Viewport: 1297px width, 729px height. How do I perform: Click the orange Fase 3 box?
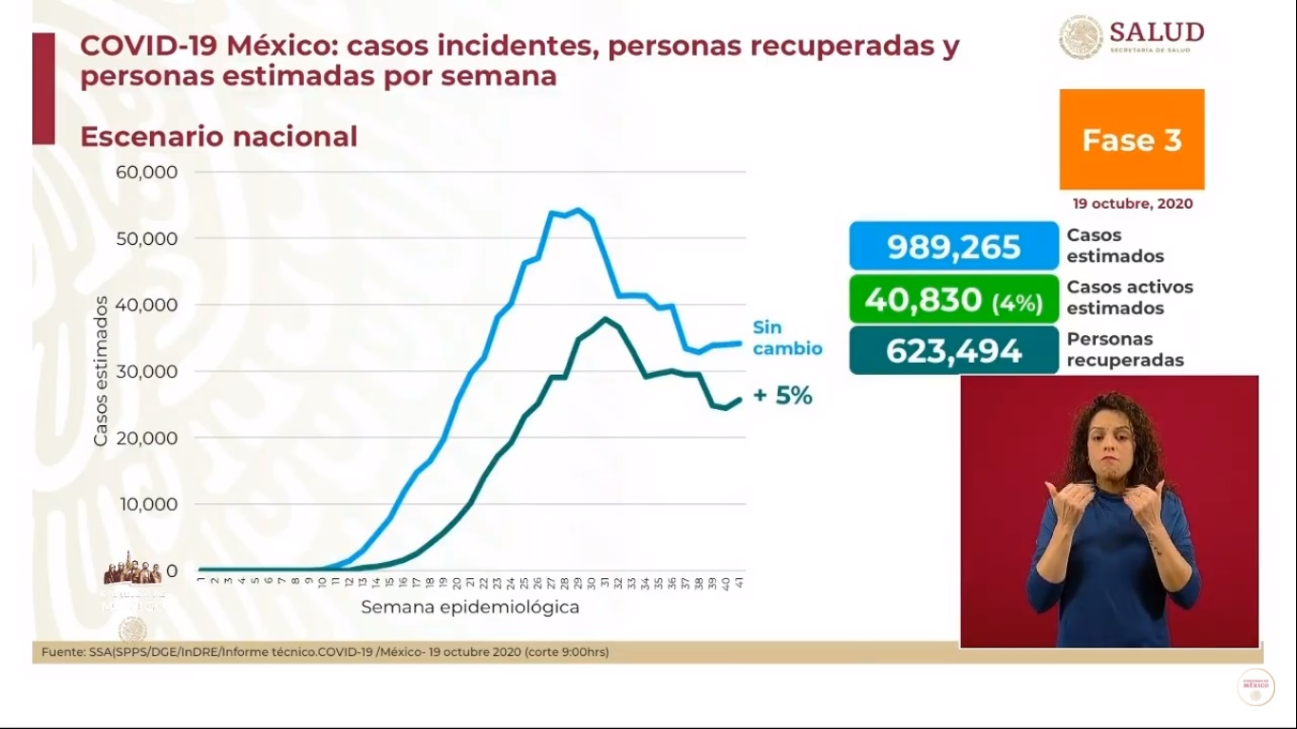tap(1132, 140)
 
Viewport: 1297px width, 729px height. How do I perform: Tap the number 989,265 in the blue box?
tap(953, 247)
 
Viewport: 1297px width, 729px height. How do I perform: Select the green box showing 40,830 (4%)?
tap(953, 299)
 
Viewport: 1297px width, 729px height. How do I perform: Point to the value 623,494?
tap(953, 351)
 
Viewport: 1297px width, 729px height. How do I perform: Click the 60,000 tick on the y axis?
tap(146, 172)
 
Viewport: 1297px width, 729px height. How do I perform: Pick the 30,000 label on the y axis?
tap(146, 371)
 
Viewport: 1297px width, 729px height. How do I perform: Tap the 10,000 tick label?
tap(146, 504)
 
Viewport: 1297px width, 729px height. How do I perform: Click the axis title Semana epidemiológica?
tap(470, 607)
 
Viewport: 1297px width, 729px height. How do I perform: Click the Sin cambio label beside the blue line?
tap(786, 338)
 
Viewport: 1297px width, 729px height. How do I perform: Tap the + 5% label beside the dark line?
tap(782, 397)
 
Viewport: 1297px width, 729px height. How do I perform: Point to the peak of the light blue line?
tap(578, 210)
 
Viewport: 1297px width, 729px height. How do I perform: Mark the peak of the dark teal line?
tap(605, 318)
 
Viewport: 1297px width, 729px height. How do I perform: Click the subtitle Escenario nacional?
tap(218, 137)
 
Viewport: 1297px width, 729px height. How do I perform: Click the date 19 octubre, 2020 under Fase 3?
tap(1133, 204)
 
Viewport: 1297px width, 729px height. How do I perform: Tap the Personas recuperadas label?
tap(1124, 349)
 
